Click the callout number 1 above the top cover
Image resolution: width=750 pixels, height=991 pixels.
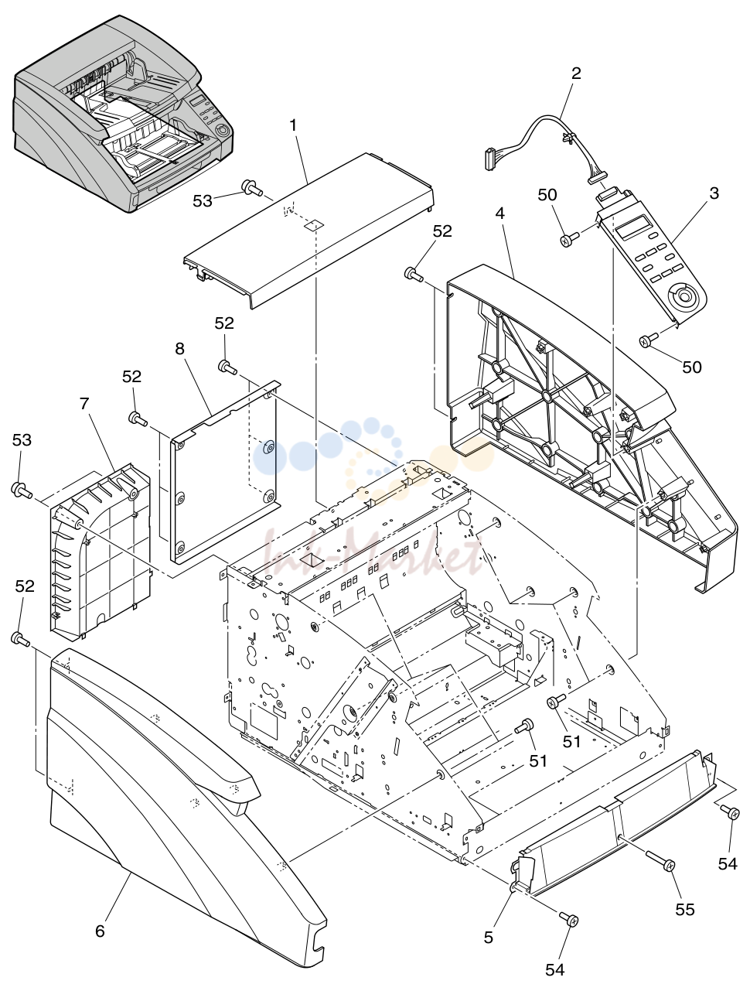pos(293,125)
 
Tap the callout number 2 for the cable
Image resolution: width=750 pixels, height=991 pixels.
pos(576,73)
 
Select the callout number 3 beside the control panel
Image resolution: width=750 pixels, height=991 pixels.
pos(714,193)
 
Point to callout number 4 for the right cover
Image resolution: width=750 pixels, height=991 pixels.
pos(499,213)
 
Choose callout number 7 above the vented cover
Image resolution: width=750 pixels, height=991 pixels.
pos(84,403)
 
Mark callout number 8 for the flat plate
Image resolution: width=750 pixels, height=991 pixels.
pos(179,348)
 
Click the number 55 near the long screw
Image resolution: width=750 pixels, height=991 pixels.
pos(684,909)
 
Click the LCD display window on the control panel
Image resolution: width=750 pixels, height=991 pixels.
pos(633,227)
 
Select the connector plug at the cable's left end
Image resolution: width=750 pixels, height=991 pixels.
pos(488,159)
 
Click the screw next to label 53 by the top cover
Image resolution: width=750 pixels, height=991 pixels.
pos(252,187)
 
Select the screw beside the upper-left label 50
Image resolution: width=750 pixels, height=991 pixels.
pos(570,239)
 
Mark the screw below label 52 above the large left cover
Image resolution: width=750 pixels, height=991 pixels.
pos(20,640)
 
